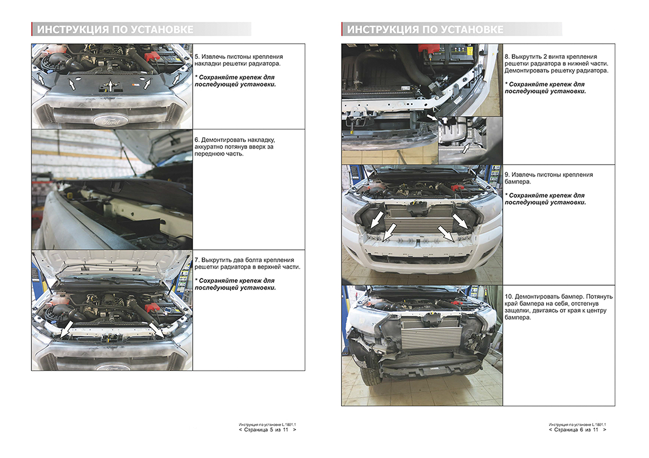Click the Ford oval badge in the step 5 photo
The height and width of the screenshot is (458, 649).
pyautogui.click(x=110, y=120)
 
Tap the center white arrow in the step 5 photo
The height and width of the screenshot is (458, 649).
pyautogui.click(x=110, y=86)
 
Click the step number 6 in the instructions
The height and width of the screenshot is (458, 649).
pyautogui.click(x=197, y=140)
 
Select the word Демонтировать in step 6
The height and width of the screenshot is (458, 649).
pyautogui.click(x=221, y=140)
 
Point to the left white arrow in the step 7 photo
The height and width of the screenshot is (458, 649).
pyautogui.click(x=67, y=329)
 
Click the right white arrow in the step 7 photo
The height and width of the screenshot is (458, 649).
pyautogui.click(x=156, y=331)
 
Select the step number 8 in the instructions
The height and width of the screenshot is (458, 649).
pyautogui.click(x=507, y=57)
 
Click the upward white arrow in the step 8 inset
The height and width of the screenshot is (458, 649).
pyautogui.click(x=466, y=149)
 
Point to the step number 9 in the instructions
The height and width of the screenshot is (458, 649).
pyautogui.click(x=507, y=175)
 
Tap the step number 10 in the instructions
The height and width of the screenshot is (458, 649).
pyautogui.click(x=508, y=297)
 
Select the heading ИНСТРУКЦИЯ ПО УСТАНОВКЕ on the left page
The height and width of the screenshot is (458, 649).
pyautogui.click(x=115, y=30)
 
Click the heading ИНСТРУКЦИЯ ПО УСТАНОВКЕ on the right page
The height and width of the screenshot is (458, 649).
pyautogui.click(x=425, y=30)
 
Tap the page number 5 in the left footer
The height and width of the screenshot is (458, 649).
pyautogui.click(x=271, y=430)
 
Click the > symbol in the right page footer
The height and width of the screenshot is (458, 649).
pyautogui.click(x=605, y=430)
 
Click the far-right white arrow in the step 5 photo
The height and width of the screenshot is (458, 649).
pyautogui.click(x=176, y=78)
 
